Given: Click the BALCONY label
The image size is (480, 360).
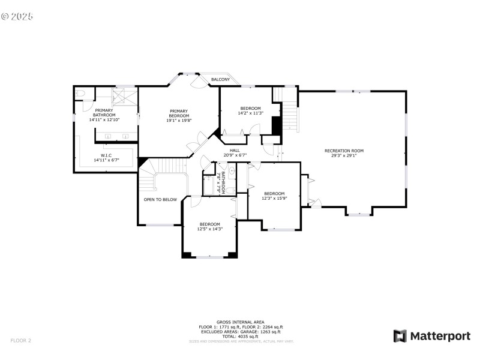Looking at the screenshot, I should click(220, 79).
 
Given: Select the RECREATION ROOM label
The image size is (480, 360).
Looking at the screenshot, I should click(344, 151).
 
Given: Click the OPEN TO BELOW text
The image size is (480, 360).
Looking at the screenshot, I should click(160, 199).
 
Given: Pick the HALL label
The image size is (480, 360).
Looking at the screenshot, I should click(235, 151).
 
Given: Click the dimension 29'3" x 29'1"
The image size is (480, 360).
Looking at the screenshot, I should click(344, 155).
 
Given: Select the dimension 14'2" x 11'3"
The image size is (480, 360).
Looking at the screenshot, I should click(250, 113).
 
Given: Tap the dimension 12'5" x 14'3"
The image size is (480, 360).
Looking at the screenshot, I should click(210, 229).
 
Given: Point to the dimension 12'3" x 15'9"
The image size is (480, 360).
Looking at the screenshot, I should click(274, 198).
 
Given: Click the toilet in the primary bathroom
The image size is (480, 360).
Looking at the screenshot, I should click(81, 94).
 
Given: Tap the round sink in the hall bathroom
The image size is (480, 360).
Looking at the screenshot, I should click(232, 170).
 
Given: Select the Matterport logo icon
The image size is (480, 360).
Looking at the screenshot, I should click(400, 336).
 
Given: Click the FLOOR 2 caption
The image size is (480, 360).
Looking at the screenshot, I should click(20, 341).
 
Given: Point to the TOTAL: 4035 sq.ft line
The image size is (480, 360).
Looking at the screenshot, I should click(240, 336).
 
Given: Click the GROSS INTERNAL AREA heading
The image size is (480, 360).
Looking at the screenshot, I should click(240, 322).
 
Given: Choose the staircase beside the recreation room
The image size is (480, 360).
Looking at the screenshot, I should click(289, 110).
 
